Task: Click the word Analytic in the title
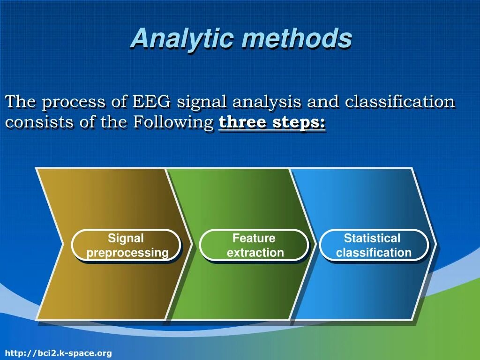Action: [x=183, y=38]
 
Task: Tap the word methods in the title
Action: [x=297, y=38]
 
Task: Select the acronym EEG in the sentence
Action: [x=151, y=101]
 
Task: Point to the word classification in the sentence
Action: [x=399, y=101]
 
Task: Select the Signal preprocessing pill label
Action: [x=126, y=245]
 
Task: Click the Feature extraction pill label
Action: [x=254, y=245]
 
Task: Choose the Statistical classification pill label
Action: [x=374, y=245]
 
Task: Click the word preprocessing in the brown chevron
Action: [x=127, y=253]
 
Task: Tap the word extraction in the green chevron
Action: [x=255, y=253]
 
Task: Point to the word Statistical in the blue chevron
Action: [x=372, y=238]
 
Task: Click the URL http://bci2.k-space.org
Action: [x=59, y=353]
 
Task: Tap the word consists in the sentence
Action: [x=39, y=122]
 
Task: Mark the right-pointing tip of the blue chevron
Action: [x=435, y=244]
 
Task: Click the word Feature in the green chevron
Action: [x=254, y=238]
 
